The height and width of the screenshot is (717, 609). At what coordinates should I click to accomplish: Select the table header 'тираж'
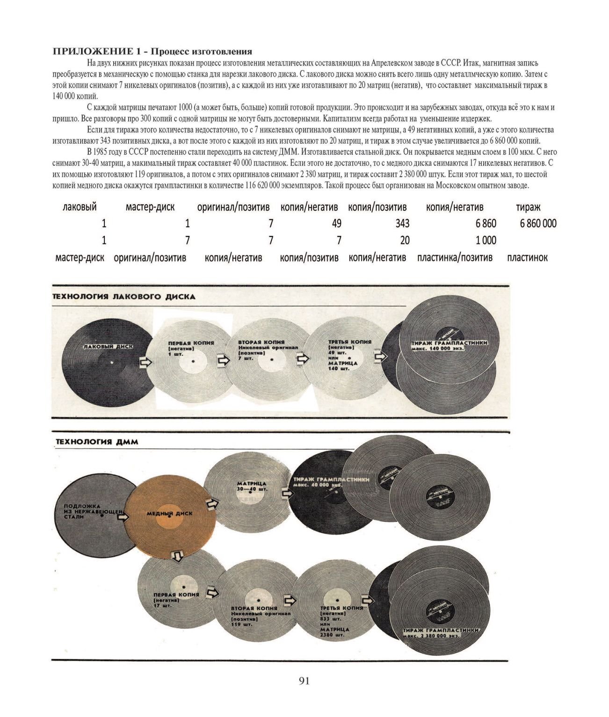coord(528,207)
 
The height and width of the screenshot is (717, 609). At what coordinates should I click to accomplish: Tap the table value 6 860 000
coord(538,223)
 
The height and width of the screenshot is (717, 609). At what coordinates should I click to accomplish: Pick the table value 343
coord(402,224)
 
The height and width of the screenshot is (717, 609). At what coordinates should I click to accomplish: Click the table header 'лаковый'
coord(80,207)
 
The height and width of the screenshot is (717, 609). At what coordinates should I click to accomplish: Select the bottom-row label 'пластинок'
coord(527,257)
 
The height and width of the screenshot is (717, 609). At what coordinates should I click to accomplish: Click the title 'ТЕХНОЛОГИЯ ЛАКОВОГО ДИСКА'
coord(123,297)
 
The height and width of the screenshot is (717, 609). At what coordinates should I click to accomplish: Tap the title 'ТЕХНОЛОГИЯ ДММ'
coord(97,441)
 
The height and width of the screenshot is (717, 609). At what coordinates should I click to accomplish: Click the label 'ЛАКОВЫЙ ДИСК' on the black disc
coord(108,347)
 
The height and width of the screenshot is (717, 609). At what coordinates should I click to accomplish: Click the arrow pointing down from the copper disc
coord(177,556)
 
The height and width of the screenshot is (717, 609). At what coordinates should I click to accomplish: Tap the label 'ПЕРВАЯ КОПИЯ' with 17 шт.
coord(176,594)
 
